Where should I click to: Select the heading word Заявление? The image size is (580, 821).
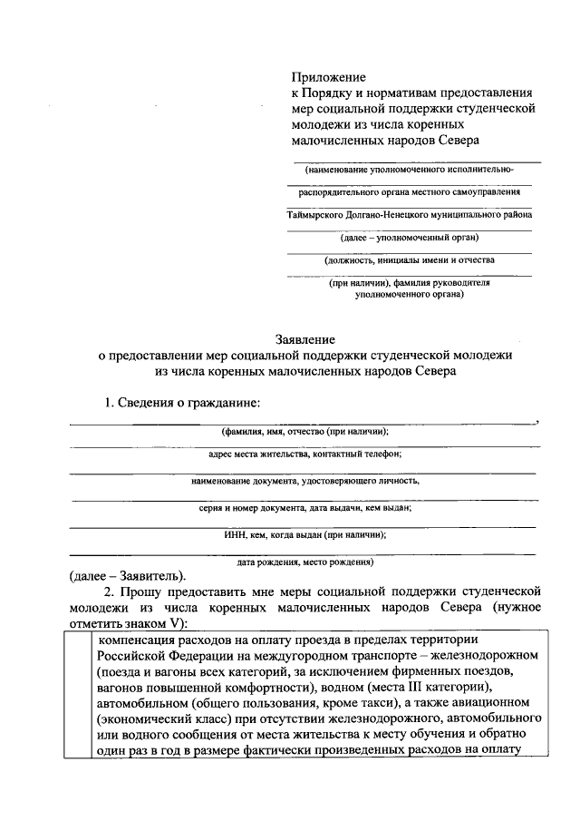point(305,338)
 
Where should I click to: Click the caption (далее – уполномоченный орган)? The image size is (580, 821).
point(409,238)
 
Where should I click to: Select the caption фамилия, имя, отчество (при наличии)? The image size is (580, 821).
point(304,432)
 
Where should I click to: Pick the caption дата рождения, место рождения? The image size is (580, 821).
point(305,562)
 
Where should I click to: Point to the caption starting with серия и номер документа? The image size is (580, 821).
point(305,508)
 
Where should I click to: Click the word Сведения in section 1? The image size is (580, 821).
point(148,402)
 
